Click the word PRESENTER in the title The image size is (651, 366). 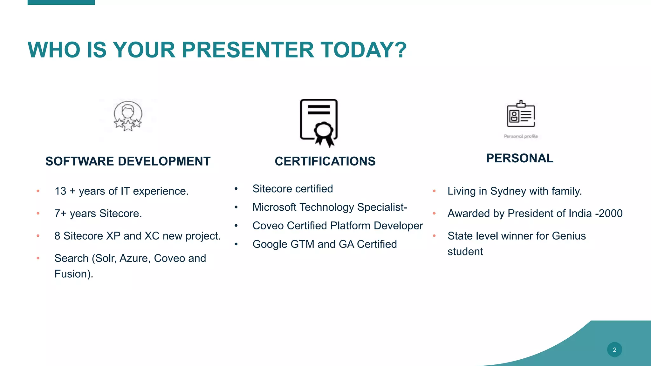248,50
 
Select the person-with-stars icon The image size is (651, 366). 128,116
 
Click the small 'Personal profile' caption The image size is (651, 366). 521,136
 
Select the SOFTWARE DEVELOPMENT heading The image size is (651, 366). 128,161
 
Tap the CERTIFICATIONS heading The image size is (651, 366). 325,161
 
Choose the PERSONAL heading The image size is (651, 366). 519,158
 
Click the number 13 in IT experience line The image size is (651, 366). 60,191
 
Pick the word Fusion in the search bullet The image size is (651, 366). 71,274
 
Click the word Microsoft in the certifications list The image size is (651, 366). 274,207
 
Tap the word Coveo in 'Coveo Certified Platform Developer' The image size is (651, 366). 268,226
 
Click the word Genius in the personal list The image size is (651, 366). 569,236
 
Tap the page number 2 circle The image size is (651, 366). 614,349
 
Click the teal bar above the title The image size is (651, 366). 61,2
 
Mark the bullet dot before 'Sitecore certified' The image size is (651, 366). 236,189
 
